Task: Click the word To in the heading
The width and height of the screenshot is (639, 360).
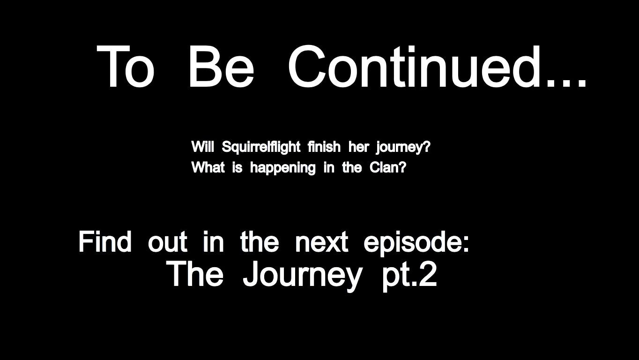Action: (x=125, y=67)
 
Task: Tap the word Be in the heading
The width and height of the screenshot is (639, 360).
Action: (x=220, y=67)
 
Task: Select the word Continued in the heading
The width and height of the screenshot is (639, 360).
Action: (x=414, y=67)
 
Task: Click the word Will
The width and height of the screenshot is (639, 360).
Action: (x=202, y=147)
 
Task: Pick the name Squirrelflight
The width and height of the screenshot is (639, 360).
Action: (x=261, y=147)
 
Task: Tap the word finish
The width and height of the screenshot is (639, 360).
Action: (x=324, y=147)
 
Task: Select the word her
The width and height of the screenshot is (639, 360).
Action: (x=358, y=147)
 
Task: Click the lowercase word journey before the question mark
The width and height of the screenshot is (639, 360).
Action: (x=399, y=148)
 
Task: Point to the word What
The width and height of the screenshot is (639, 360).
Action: (x=208, y=167)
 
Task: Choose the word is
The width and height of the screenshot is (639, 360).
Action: (x=237, y=167)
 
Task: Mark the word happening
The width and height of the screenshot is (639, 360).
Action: (x=282, y=168)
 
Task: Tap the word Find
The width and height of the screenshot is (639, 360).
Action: (x=105, y=242)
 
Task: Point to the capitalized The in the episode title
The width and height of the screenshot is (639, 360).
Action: (x=194, y=274)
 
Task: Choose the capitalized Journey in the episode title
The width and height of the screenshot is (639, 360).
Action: (x=302, y=275)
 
